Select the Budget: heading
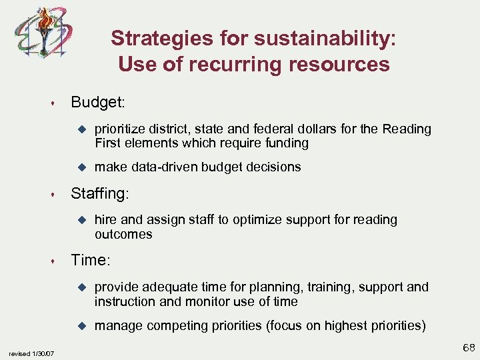[99, 102]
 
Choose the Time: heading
[94, 260]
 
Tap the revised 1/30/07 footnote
[32, 353]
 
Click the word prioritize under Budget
[122, 129]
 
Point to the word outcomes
[123, 234]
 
